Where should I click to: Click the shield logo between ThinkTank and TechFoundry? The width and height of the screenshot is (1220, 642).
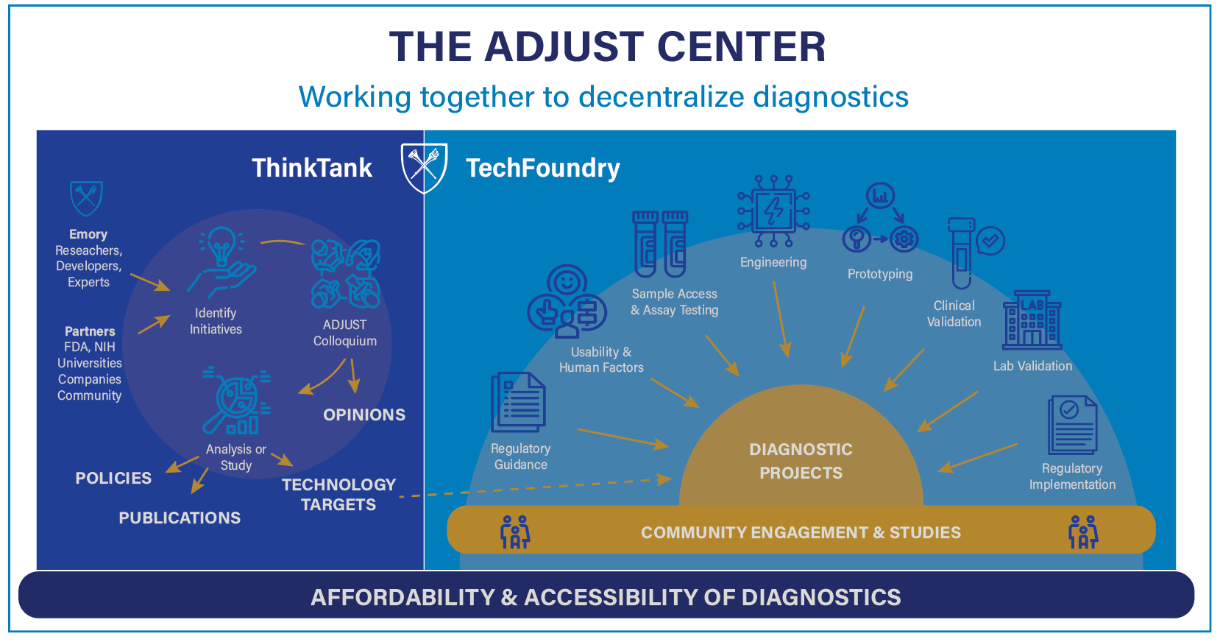(424, 167)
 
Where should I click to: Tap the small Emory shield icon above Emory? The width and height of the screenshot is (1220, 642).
(86, 198)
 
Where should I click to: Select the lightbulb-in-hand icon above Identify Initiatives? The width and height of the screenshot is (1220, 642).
(221, 261)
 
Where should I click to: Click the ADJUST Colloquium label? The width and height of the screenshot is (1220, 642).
(344, 333)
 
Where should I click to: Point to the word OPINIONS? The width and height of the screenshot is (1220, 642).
(364, 415)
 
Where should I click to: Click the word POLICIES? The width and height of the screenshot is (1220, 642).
(113, 478)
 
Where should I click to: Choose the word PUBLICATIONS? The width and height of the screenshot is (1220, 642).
(180, 518)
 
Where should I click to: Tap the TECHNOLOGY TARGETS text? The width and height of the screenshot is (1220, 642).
(338, 494)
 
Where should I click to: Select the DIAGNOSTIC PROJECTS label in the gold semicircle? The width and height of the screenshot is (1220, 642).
(801, 461)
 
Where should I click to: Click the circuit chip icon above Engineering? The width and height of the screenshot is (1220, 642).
(773, 211)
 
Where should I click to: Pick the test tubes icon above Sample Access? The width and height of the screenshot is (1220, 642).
(660, 244)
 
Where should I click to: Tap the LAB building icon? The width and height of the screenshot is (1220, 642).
(1032, 320)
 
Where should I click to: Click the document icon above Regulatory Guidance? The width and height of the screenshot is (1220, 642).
(518, 402)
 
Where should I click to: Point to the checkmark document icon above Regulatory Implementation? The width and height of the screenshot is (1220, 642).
(1072, 425)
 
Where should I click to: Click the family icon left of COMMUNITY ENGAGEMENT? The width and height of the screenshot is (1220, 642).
(515, 532)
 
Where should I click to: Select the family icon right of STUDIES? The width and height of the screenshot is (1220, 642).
(1082, 532)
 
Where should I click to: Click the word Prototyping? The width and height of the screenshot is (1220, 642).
(879, 274)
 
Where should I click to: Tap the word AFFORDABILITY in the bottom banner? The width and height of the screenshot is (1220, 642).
(402, 596)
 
